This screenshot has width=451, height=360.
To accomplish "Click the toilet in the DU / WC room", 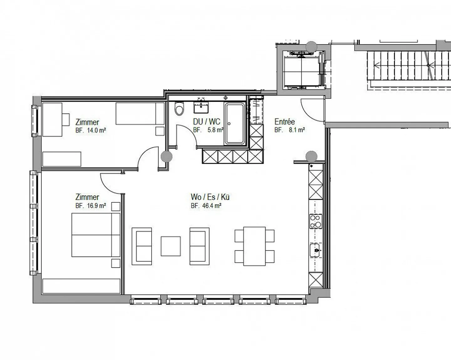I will click(179, 109).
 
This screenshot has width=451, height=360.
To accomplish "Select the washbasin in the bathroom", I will click(201, 107).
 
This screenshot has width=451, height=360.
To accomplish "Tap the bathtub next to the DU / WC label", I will click(235, 124).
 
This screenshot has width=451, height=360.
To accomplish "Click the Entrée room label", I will click(284, 121).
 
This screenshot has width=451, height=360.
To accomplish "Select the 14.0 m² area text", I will click(96, 131).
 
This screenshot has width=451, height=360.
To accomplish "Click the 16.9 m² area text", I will click(96, 206).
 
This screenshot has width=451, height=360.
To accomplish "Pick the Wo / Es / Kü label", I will click(210, 197).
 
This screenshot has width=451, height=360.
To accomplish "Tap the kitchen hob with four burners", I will click(315, 221).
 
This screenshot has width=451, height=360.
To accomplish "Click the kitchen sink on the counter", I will click(315, 250).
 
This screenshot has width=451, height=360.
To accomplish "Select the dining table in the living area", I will click(254, 246).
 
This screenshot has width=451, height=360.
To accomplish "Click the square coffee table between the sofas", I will click(171, 246).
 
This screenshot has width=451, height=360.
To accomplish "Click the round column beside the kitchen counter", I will click(312, 156).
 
